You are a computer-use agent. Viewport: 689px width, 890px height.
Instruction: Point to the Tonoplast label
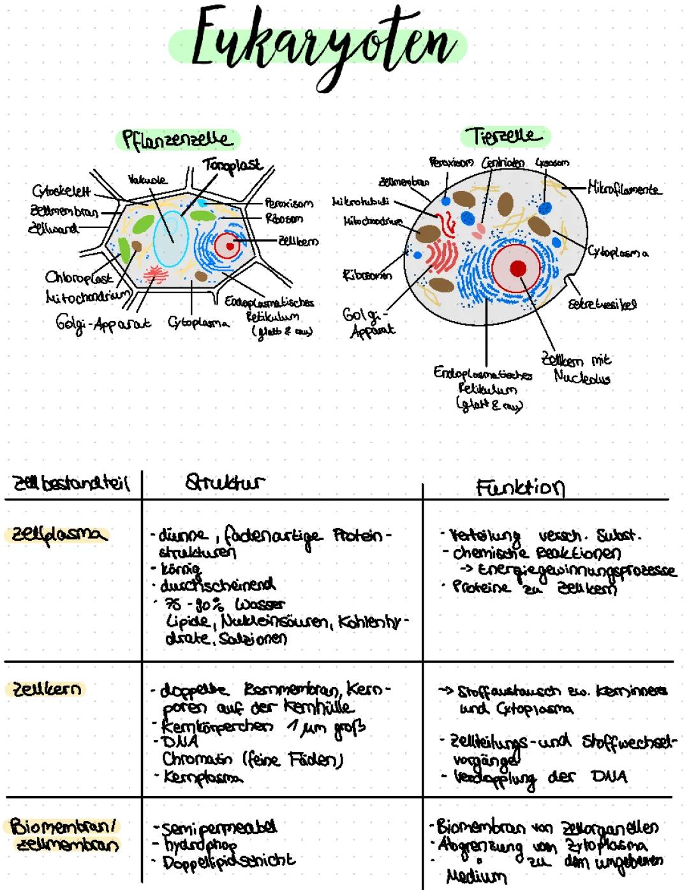(233, 165)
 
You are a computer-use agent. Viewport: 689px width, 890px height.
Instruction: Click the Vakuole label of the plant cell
(147, 180)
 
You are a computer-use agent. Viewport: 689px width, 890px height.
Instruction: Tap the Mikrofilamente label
(625, 189)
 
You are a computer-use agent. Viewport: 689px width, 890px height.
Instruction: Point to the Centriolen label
(502, 163)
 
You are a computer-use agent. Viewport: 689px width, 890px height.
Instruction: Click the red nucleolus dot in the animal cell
(518, 269)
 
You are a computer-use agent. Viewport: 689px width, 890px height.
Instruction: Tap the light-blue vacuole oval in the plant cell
(170, 236)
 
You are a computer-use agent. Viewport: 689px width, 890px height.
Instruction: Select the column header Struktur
(225, 483)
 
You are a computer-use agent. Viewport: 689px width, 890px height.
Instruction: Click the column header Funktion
(520, 488)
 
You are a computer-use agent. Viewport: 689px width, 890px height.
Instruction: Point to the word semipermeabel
(220, 829)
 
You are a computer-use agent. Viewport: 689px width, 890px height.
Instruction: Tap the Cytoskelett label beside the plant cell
(61, 192)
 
